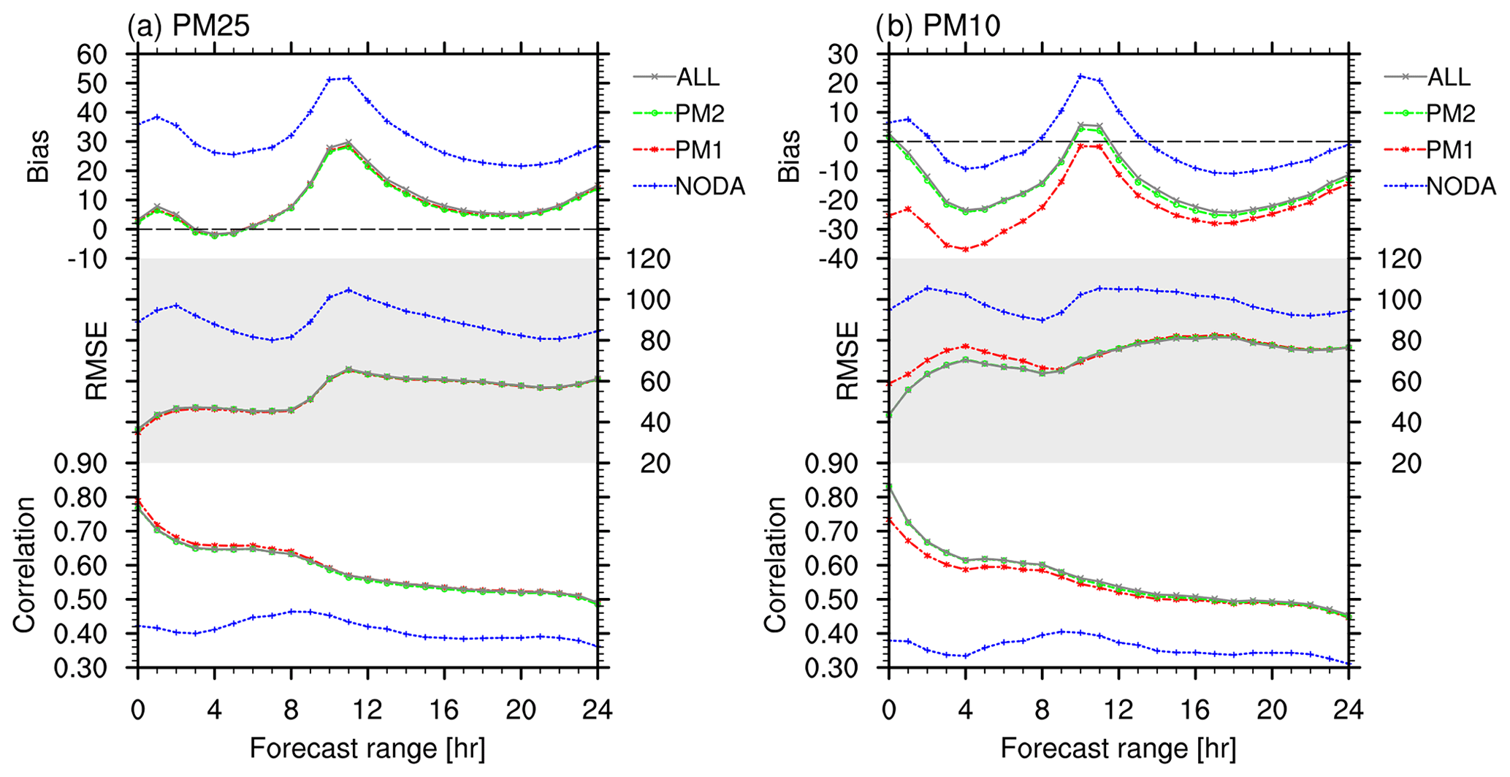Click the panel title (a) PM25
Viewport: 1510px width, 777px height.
coord(188,26)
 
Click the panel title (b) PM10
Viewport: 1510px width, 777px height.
coord(938,26)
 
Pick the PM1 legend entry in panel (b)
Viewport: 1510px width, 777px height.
coord(1450,151)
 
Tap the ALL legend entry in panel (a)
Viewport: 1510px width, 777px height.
coord(698,77)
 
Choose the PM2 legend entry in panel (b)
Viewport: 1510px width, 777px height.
coord(1450,113)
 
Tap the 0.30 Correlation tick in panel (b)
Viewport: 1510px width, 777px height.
coord(832,668)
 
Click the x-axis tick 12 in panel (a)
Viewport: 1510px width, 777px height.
coord(367,709)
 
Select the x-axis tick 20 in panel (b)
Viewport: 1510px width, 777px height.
coord(1271,709)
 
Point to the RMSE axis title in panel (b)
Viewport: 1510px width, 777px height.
coord(847,361)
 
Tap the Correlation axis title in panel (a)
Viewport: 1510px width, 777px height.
coord(24,565)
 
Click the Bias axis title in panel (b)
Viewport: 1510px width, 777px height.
coord(789,156)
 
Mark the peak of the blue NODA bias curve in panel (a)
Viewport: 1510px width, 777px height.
coord(348,78)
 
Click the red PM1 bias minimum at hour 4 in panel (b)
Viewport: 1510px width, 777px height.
coord(965,249)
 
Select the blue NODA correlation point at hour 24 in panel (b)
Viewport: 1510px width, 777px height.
coord(1348,663)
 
